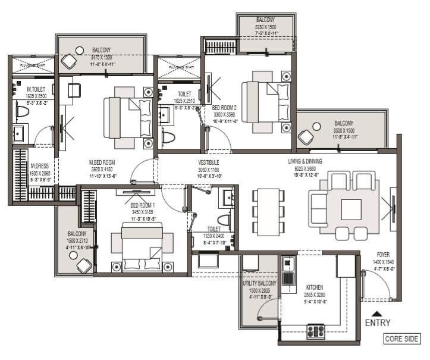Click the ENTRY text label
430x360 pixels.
377,323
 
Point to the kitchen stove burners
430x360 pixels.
315,331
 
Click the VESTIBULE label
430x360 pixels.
209,162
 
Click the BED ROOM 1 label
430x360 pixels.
142,205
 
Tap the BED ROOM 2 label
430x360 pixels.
224,108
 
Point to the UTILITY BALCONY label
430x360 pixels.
258,284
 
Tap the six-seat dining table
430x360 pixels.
266,211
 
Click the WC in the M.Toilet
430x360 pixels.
23,111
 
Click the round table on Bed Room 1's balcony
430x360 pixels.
73,255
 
